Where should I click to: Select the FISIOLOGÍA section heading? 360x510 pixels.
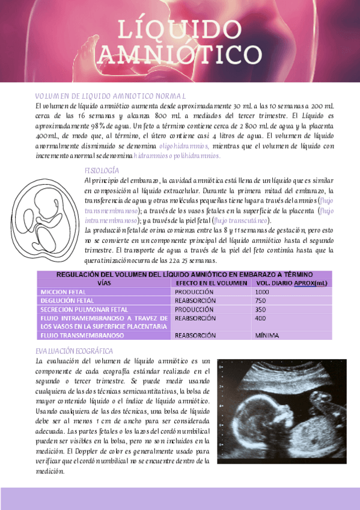[x=102, y=170]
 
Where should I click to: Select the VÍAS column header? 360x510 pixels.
[x=104, y=283]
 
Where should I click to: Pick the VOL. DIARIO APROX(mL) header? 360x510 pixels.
[x=291, y=283]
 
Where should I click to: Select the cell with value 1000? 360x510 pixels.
[x=262, y=292]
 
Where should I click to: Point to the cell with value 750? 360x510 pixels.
[x=260, y=300]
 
